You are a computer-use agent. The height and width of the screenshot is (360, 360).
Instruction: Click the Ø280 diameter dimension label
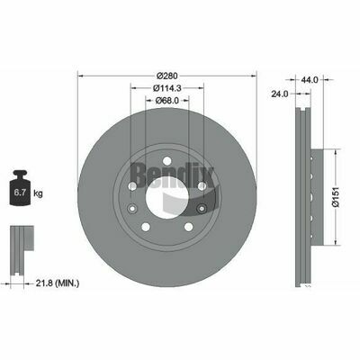[x=166, y=75]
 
